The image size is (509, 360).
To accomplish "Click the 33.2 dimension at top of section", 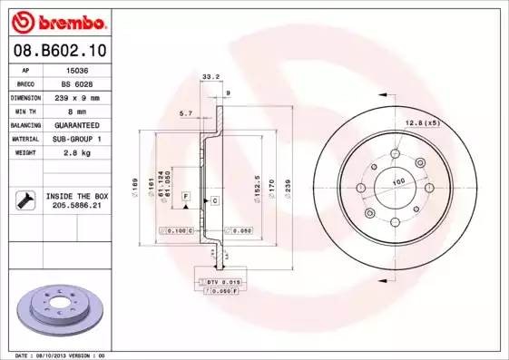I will coord(210,77).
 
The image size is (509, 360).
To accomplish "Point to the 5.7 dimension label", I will coord(186,113).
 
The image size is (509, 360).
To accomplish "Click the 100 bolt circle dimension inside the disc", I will coord(396,181).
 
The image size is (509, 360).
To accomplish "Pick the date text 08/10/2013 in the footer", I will coord(61,355).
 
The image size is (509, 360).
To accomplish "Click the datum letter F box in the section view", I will coord(185,195).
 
